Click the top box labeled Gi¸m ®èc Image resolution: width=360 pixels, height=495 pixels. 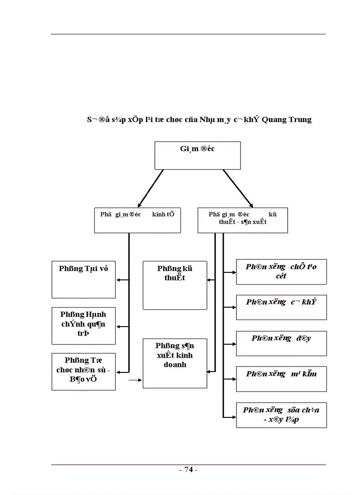pos(197,155)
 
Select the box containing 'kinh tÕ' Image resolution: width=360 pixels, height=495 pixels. pos(138,220)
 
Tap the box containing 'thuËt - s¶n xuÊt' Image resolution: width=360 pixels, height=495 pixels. pos(243,220)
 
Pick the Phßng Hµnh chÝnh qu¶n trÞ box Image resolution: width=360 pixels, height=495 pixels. pos(83,326)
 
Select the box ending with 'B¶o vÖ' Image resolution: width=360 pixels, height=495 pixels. pos(83,371)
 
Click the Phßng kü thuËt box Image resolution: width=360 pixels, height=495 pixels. pos(175,285)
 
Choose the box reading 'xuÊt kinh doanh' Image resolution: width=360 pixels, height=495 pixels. pos(175,363)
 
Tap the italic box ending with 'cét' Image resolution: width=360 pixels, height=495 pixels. pos(281,272)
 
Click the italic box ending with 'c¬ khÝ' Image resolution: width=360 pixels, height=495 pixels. pos(281,307)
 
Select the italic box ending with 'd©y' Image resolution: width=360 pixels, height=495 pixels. pos(281,343)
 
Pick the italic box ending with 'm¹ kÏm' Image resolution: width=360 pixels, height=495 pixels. pos(281,379)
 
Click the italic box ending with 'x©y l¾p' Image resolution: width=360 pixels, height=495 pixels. pos(281,415)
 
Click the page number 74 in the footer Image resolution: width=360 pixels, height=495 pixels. pos(188,470)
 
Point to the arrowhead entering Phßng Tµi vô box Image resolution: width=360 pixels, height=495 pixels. pos(118,280)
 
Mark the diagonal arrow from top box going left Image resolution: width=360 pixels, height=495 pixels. pos(150,188)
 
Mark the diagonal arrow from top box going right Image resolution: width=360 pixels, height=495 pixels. pos(238,188)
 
